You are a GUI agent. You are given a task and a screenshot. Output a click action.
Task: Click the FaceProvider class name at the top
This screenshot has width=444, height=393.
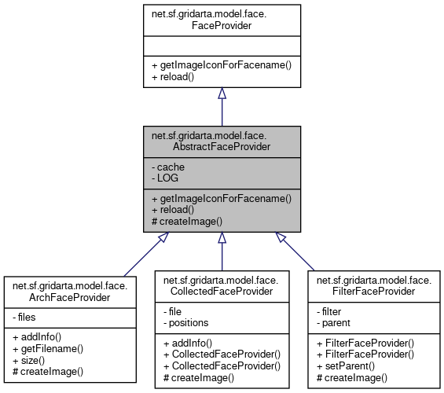point(222,20)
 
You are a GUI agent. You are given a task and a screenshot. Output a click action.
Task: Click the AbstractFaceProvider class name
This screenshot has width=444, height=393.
point(222,141)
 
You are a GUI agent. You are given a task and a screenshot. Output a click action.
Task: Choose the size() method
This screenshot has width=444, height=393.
point(34,359)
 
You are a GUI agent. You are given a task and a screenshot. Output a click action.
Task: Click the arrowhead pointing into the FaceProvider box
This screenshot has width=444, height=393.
point(222,94)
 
